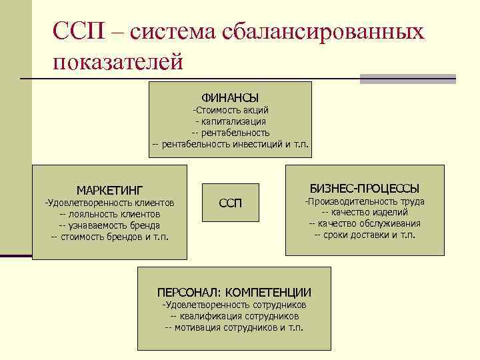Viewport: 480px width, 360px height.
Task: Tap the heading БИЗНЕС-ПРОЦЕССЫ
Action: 365,188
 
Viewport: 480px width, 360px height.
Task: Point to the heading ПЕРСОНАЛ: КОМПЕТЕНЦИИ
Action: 234,292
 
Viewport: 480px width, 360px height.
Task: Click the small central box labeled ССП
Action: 231,202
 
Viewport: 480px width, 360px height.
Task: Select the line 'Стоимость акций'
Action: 231,110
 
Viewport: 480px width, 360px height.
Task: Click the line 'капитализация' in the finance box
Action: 231,121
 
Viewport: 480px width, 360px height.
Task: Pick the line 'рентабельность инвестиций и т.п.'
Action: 231,143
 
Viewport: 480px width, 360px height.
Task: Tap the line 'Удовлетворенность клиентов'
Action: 109,203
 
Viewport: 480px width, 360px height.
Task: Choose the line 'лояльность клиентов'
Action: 109,214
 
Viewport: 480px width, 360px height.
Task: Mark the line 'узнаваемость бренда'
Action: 109,225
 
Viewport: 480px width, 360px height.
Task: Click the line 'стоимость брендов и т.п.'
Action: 109,237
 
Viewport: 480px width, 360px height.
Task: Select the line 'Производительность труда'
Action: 365,201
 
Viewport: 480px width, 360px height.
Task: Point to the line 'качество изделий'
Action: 365,212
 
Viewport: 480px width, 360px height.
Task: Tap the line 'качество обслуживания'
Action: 365,223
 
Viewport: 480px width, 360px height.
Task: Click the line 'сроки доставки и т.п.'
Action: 365,235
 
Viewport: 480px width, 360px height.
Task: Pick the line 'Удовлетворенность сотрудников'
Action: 234,305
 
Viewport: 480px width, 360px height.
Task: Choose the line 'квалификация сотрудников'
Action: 234,316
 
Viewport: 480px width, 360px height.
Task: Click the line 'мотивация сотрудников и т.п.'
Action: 234,327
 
